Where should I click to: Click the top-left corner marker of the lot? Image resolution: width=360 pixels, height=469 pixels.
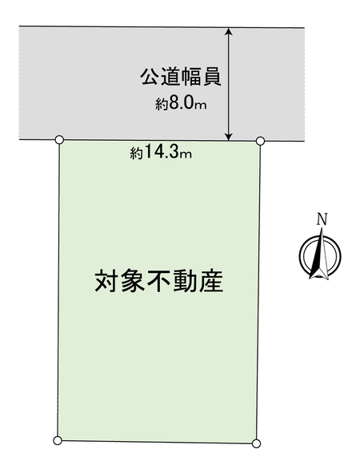coord(60,139)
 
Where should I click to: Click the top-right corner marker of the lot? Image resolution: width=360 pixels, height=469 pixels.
coord(261,140)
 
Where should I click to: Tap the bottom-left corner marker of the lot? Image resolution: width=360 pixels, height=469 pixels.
coord(58,440)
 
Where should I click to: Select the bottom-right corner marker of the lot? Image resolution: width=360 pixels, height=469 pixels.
coord(256,443)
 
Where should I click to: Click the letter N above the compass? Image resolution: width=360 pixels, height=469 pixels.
coord(322,219)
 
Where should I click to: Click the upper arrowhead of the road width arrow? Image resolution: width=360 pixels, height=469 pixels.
coord(229,31)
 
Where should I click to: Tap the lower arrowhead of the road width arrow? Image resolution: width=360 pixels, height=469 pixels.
coord(229,136)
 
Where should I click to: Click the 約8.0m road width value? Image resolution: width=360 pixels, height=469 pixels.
coord(181,103)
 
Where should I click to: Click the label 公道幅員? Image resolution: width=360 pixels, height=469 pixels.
coord(181,77)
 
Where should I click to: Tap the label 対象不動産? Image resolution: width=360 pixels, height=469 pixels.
coord(159,281)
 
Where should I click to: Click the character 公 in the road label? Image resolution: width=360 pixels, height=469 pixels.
coord(150,77)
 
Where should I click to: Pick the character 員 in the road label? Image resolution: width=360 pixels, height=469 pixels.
coord(212,77)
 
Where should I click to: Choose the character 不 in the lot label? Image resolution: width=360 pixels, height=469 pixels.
coord(158,281)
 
